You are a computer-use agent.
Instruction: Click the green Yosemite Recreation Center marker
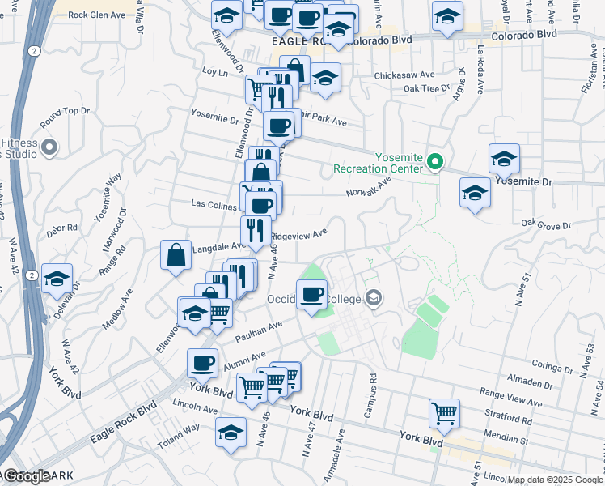pyautogui.click(x=435, y=162)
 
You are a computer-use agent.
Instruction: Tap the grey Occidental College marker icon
pyautogui.click(x=373, y=299)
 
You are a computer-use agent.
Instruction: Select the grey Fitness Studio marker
pyautogui.click(x=50, y=148)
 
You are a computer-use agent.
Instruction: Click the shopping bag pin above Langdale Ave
pyautogui.click(x=176, y=256)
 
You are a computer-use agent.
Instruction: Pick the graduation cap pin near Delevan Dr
pyautogui.click(x=57, y=279)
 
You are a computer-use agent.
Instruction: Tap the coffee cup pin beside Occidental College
pyautogui.click(x=311, y=295)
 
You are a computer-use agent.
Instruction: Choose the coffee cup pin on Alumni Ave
pyautogui.click(x=202, y=363)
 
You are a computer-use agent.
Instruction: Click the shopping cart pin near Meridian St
pyautogui.click(x=444, y=413)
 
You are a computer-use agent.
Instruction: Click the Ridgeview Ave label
pyautogui.click(x=299, y=234)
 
